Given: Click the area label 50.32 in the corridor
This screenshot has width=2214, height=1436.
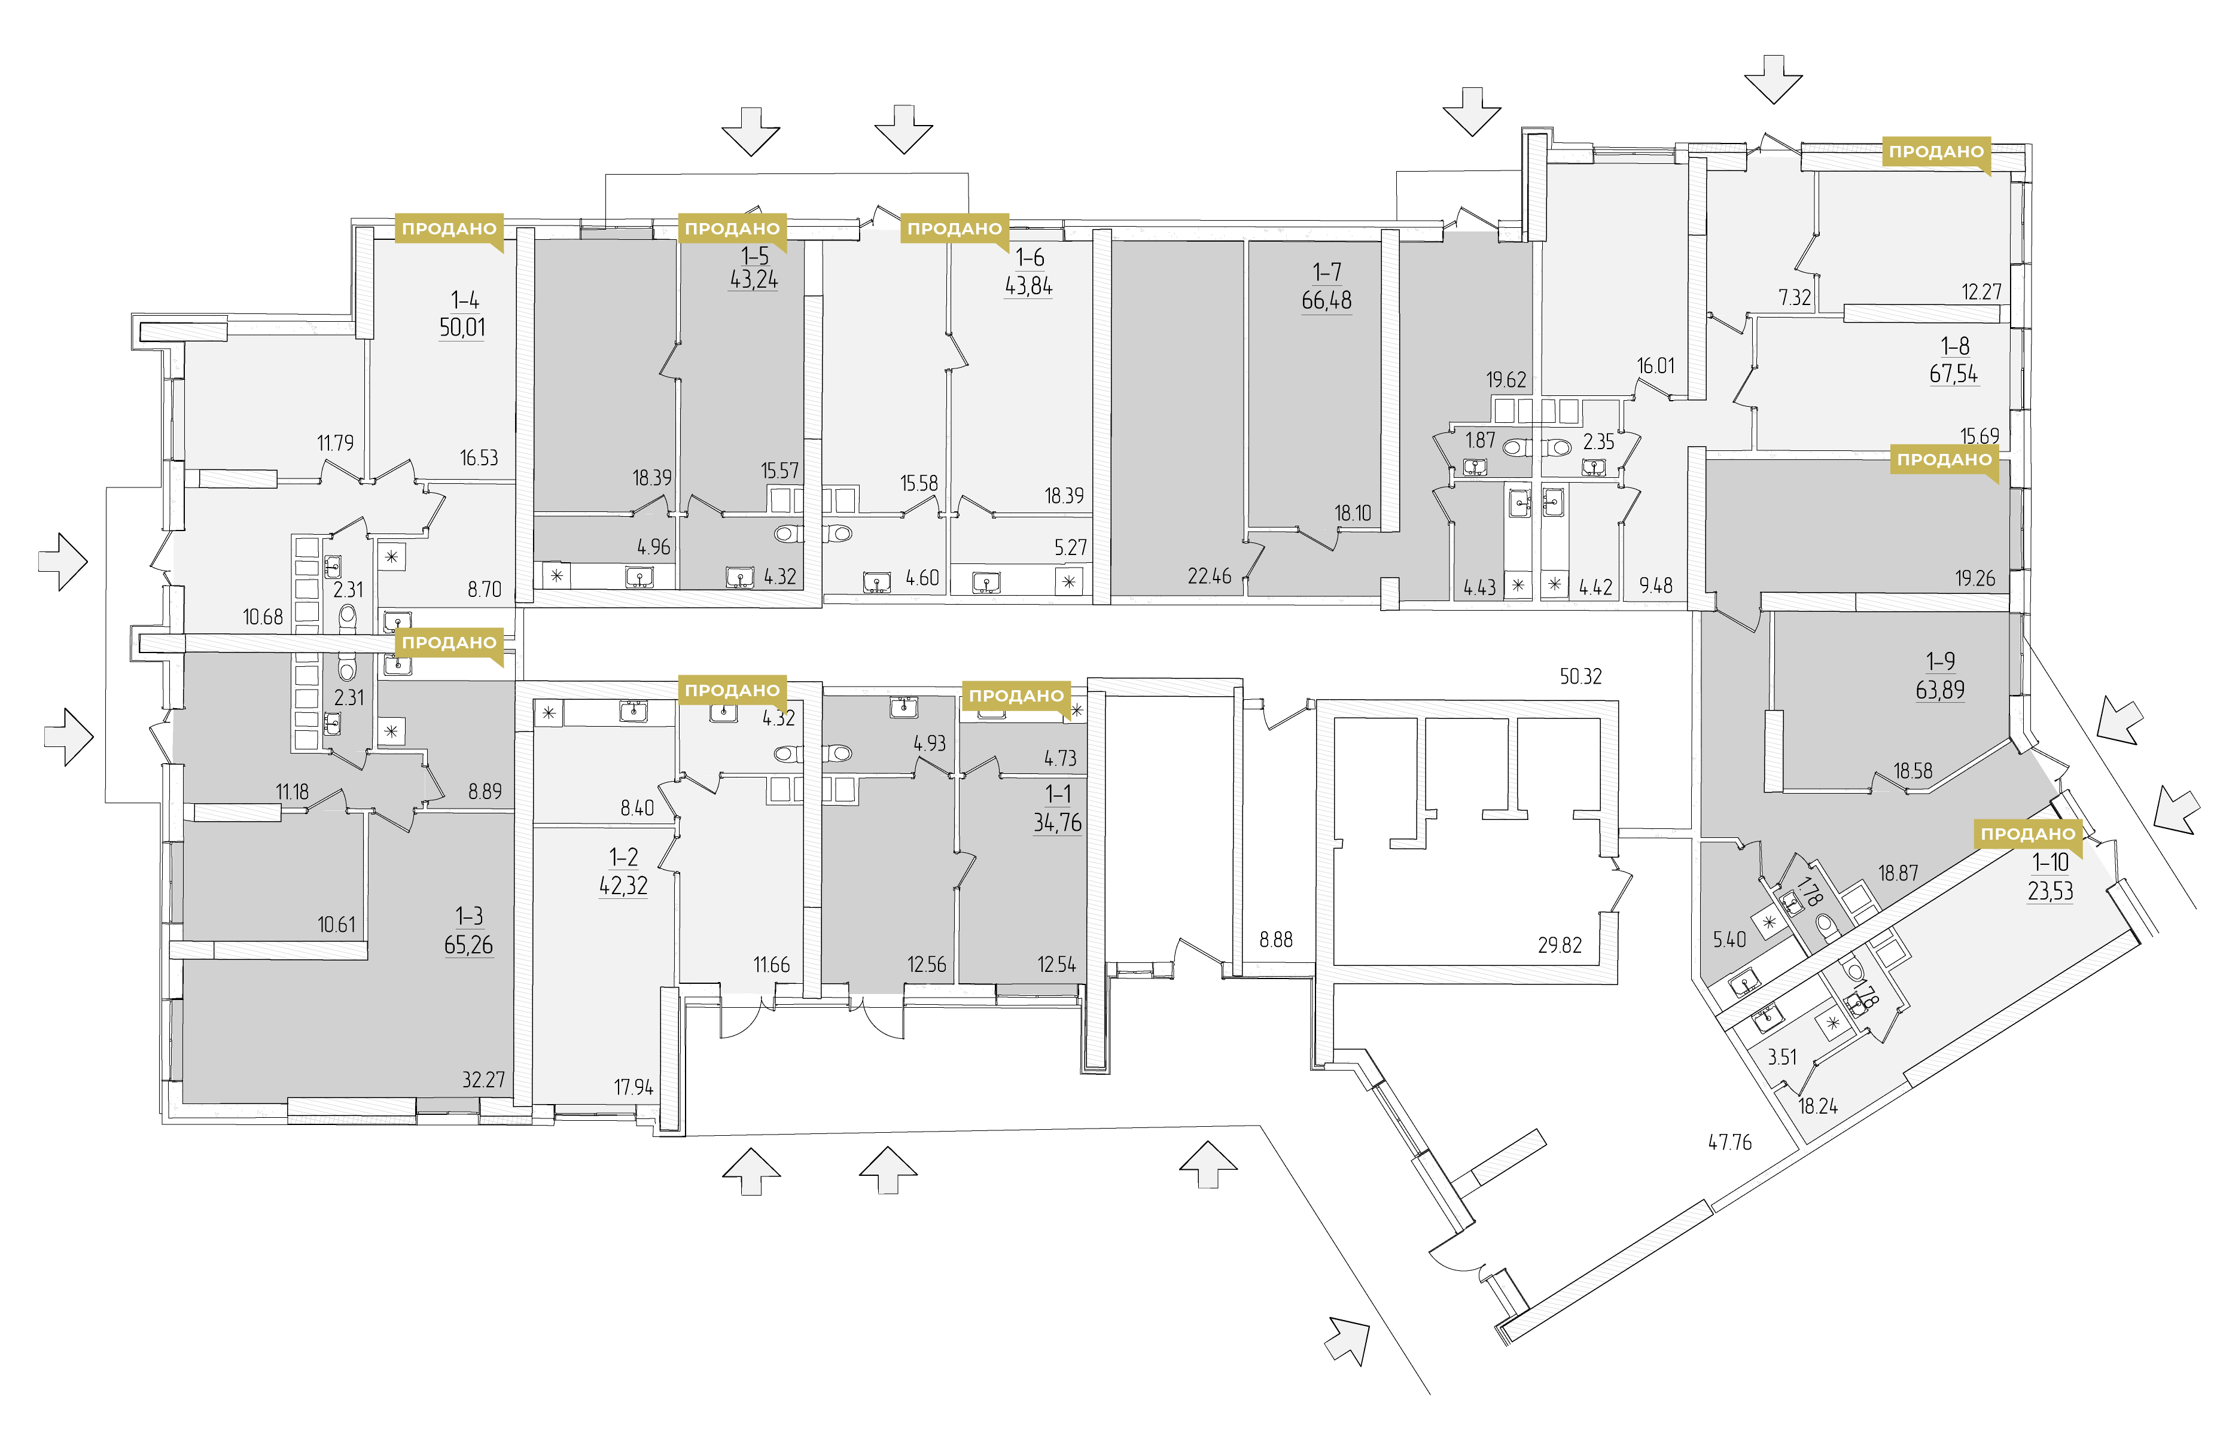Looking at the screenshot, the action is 1580,676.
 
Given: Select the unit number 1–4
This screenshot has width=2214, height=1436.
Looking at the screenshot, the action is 465,300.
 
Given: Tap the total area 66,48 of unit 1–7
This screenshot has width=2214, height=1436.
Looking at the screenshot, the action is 1326,300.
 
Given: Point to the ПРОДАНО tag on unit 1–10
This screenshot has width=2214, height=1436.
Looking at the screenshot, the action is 2028,834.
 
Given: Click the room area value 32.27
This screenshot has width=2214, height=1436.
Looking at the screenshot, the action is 484,1080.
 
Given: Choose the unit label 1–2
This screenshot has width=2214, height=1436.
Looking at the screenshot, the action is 623,856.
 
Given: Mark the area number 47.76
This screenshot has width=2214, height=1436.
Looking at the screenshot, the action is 1729,1142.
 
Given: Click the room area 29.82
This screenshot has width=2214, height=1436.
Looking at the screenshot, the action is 1560,945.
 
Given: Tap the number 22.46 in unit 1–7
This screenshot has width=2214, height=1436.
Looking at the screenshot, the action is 1210,577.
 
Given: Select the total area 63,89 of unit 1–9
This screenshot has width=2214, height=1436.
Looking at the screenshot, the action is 1941,690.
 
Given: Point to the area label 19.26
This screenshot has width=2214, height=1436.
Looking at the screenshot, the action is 1975,578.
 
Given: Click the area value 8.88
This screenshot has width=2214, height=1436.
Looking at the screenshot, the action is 1277,940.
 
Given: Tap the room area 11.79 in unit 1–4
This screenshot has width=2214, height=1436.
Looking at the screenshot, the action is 335,443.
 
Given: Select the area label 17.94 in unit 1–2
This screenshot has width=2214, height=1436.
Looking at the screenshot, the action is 634,1087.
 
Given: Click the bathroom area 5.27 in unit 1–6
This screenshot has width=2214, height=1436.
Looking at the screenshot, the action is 1071,548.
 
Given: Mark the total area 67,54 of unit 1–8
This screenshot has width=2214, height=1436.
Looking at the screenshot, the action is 1954,374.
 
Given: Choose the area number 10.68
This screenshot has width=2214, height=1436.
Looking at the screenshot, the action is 263,617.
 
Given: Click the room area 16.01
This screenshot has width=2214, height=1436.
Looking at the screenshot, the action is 1656,365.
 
